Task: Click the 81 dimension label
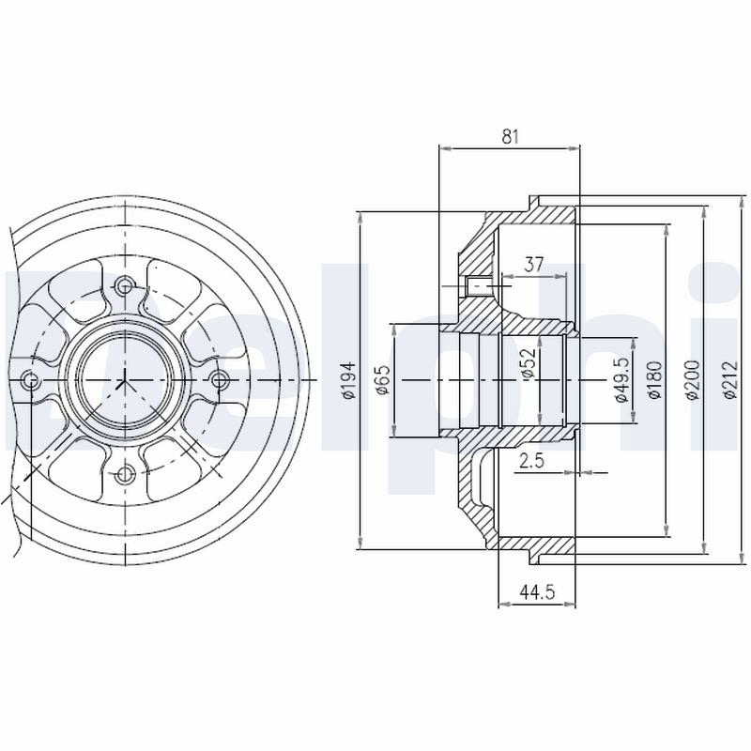point(510,137)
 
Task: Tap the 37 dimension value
point(534,265)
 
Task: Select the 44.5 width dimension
point(537,592)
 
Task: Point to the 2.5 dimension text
point(532,461)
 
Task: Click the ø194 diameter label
point(350,380)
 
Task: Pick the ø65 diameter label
point(384,380)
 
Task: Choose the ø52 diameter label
point(528,363)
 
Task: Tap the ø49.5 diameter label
point(621,380)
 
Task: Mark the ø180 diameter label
point(654,380)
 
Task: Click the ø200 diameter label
point(693,380)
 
